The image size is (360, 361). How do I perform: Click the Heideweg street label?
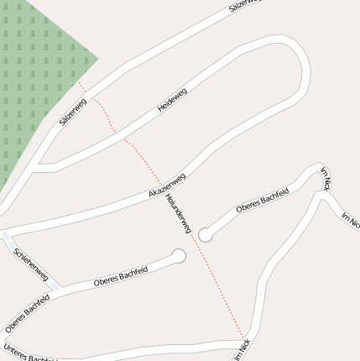[172, 100]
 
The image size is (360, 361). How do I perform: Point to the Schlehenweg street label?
[31, 264]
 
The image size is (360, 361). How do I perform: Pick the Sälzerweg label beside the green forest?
[73, 112]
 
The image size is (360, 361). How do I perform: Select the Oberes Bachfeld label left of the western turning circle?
[122, 275]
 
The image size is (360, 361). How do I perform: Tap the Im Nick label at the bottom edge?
[243, 349]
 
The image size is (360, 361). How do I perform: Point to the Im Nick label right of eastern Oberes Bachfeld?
[326, 179]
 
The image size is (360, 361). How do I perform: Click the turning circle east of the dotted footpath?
[206, 235]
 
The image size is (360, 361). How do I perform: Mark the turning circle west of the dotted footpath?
[178, 255]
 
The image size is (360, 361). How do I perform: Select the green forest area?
[34, 67]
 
